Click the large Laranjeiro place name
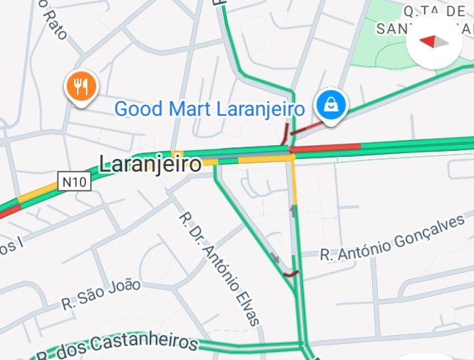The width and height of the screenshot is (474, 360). click(x=149, y=164)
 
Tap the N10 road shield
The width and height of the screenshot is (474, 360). click(x=75, y=181)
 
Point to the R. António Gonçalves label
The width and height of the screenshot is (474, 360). click(x=393, y=238)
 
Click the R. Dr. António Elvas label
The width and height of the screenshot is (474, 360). click(x=219, y=269)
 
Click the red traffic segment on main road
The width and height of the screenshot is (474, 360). click(x=327, y=147)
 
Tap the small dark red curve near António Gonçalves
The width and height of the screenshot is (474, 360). click(x=292, y=274)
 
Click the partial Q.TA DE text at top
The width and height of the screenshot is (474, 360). click(x=434, y=11)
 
